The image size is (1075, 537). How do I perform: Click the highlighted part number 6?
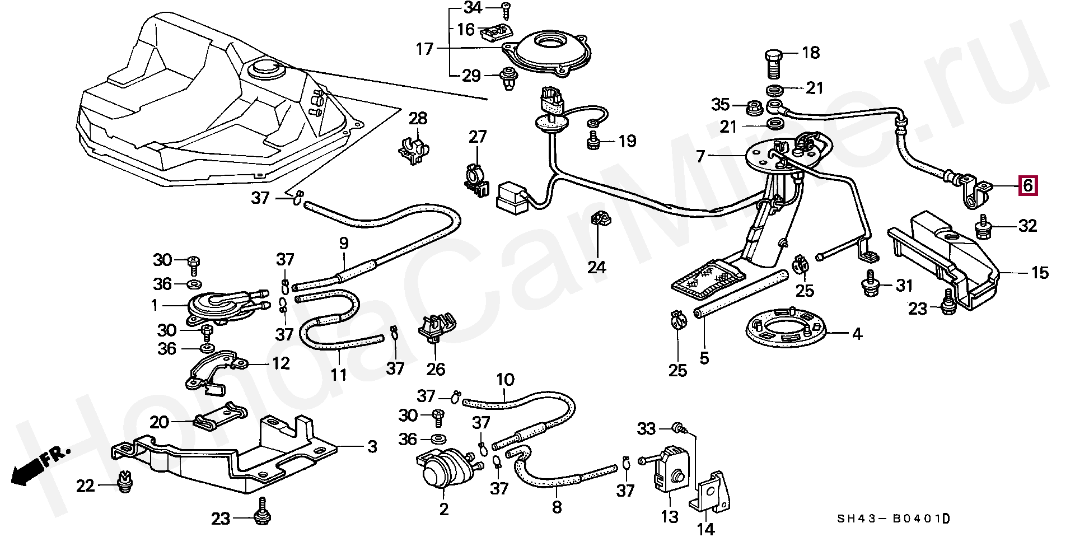(x=1027, y=185)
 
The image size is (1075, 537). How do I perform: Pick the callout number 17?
(x=425, y=49)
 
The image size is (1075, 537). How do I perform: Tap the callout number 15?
(x=1040, y=273)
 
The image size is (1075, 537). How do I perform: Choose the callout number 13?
(x=669, y=516)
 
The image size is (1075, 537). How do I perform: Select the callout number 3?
(x=372, y=447)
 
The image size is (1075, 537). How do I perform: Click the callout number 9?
(x=344, y=244)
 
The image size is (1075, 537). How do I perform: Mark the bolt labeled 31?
(x=871, y=284)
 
